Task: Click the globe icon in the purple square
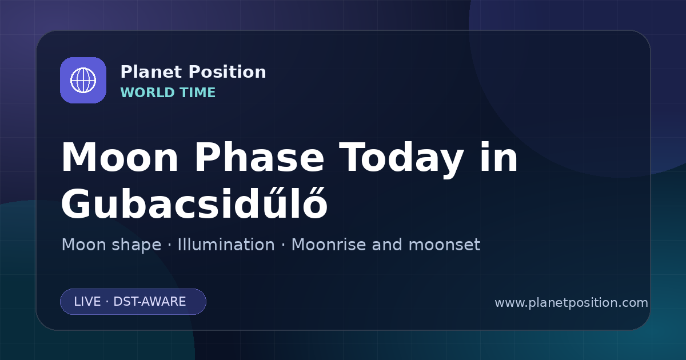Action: pyautogui.click(x=83, y=80)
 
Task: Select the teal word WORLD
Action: pyautogui.click(x=147, y=93)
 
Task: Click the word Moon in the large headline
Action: pyautogui.click(x=119, y=157)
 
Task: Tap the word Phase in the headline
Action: pyautogui.click(x=259, y=157)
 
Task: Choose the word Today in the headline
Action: pyautogui.click(x=401, y=159)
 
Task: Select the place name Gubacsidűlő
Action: pyautogui.click(x=194, y=203)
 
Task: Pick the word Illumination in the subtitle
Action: pyautogui.click(x=226, y=245)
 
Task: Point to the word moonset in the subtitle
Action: pyautogui.click(x=444, y=245)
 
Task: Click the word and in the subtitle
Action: pyautogui.click(x=387, y=245)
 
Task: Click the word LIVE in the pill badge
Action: pyautogui.click(x=87, y=302)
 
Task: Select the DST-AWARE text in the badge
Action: pyautogui.click(x=149, y=302)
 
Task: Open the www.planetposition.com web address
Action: pyautogui.click(x=571, y=303)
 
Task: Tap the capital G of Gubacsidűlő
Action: pyautogui.click(x=76, y=203)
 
